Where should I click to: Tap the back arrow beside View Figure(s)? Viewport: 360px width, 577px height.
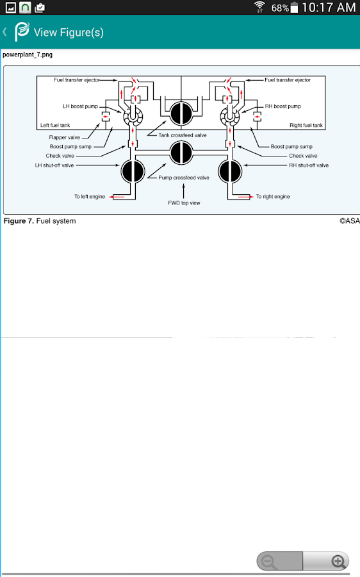(x=4, y=32)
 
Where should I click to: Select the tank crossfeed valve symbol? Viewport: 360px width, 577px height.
(x=181, y=113)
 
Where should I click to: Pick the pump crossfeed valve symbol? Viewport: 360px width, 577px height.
(x=181, y=153)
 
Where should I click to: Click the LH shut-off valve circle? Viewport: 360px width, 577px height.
(x=133, y=171)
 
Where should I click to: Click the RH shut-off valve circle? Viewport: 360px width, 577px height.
(x=230, y=171)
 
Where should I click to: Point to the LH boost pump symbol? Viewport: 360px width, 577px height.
(x=133, y=117)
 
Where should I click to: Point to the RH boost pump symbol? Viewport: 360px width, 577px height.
(x=230, y=117)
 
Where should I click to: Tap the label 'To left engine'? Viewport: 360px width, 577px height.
(x=90, y=197)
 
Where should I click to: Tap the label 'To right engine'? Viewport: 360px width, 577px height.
(x=273, y=197)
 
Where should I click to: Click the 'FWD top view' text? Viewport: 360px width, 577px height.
(x=184, y=203)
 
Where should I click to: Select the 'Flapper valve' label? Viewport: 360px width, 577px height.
(x=64, y=137)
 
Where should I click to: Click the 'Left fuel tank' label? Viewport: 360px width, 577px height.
(x=55, y=125)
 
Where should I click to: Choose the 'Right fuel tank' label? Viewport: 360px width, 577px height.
(x=306, y=125)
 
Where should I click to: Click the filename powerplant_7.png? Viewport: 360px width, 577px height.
(x=28, y=54)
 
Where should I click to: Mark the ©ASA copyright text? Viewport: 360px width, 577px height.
(x=349, y=221)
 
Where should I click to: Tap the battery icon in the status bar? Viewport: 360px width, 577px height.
(x=294, y=7)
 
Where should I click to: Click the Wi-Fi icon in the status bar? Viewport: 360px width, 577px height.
(x=259, y=7)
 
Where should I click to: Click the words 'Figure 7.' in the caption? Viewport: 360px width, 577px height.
(x=19, y=221)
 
